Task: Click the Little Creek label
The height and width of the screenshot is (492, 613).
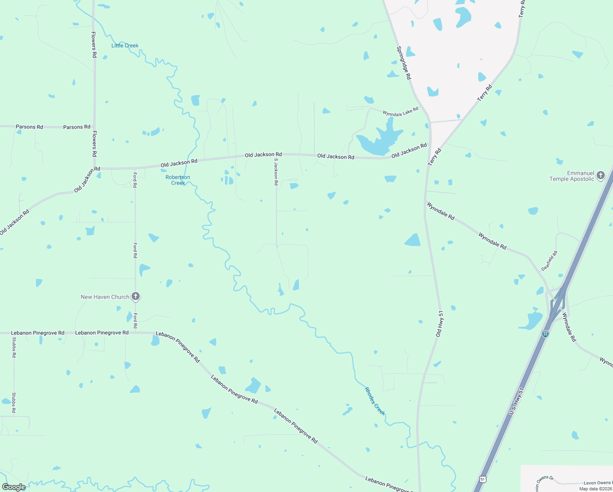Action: click(125, 46)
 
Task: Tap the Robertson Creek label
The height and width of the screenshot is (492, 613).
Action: click(178, 180)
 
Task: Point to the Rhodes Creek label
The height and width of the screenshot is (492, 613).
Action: click(375, 401)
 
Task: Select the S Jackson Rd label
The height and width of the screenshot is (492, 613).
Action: click(276, 172)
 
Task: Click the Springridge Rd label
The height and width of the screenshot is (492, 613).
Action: click(404, 63)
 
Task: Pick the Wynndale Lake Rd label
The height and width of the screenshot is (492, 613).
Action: click(400, 112)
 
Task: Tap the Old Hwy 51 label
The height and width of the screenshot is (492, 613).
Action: click(440, 324)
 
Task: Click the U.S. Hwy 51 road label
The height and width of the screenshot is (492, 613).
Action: click(516, 401)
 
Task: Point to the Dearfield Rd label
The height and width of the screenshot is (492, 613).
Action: click(549, 261)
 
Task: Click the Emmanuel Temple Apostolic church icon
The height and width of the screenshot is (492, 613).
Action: click(601, 175)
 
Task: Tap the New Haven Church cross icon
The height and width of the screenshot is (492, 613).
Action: click(136, 296)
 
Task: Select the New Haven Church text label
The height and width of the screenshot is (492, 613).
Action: click(105, 297)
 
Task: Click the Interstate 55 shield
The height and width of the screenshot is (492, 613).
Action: click(545, 334)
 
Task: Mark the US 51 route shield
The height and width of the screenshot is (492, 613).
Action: click(483, 479)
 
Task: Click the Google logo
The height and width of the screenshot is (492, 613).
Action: click(14, 487)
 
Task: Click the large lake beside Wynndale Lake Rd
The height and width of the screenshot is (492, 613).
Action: click(379, 140)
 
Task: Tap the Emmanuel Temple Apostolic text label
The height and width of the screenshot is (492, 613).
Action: click(572, 176)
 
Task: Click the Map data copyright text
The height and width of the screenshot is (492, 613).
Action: click(595, 489)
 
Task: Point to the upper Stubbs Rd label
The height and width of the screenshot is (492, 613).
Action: click(14, 347)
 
